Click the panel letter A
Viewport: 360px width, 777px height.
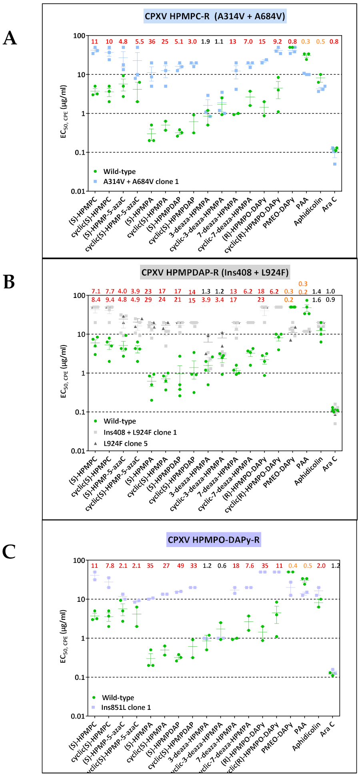(10, 38)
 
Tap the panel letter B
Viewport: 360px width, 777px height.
(9, 282)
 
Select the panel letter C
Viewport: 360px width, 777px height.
(9, 552)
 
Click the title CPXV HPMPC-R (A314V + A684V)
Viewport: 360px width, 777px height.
(215, 16)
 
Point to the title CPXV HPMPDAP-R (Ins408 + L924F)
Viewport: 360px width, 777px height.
(215, 273)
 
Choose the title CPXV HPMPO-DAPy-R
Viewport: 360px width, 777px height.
(214, 540)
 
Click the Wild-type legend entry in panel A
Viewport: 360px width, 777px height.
(119, 172)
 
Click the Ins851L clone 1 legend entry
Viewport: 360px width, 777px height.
(126, 707)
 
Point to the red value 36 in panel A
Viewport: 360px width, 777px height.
(152, 42)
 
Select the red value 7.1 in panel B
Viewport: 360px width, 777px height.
(96, 292)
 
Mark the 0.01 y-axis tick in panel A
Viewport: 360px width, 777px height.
(78, 192)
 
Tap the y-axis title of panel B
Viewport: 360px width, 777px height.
(64, 371)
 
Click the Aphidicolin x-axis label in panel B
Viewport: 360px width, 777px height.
(308, 472)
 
